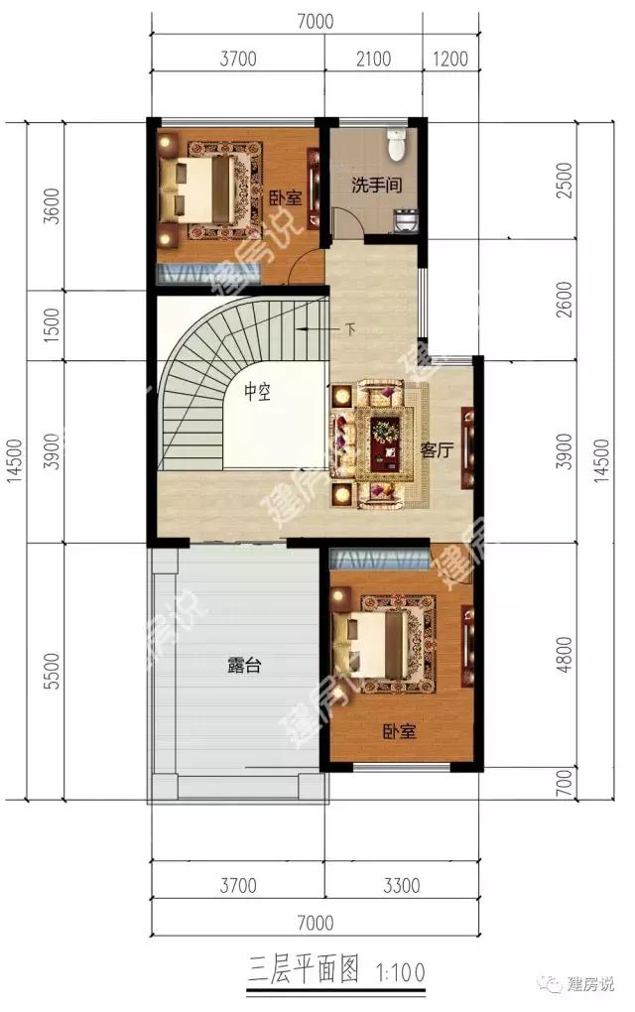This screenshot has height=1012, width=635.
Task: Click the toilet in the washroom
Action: pyautogui.click(x=396, y=143)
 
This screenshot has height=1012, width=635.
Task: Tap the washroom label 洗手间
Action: pyautogui.click(x=376, y=186)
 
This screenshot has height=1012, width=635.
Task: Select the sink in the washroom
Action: pyautogui.click(x=406, y=219)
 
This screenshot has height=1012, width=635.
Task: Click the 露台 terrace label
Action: pyautogui.click(x=244, y=665)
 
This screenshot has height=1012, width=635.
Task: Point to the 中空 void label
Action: pyautogui.click(x=257, y=392)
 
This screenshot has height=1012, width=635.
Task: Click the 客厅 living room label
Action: pyautogui.click(x=437, y=449)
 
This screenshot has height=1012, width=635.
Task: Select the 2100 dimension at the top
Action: pyautogui.click(x=374, y=59)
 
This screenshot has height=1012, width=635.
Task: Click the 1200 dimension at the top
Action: pyautogui.click(x=449, y=59)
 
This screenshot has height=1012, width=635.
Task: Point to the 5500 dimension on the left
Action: pyautogui.click(x=53, y=672)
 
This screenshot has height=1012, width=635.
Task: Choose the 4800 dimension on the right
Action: pyautogui.click(x=564, y=655)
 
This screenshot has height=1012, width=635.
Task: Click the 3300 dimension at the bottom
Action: pyautogui.click(x=402, y=885)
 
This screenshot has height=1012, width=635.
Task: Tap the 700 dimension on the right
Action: pyautogui.click(x=564, y=782)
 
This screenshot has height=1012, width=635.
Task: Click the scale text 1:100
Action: pyautogui.click(x=400, y=972)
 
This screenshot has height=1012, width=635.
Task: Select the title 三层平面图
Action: pyautogui.click(x=303, y=970)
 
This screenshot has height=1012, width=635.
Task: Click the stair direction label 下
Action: pyautogui.click(x=350, y=329)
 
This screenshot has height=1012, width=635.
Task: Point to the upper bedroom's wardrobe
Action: pyautogui.click(x=208, y=273)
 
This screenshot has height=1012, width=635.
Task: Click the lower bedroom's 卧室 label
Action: pyautogui.click(x=399, y=731)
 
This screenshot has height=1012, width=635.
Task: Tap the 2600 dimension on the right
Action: pyautogui.click(x=564, y=299)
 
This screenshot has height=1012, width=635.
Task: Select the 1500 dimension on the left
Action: pyautogui.click(x=53, y=324)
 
